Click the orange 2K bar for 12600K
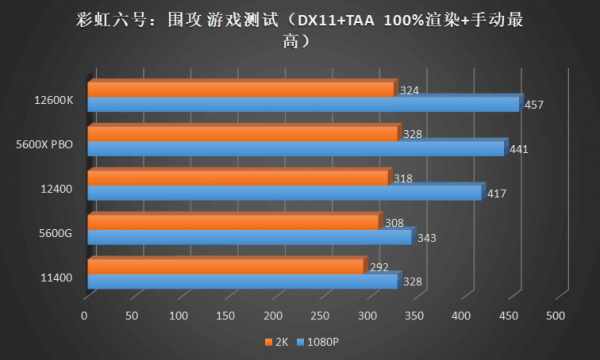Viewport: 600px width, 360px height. click(x=240, y=90)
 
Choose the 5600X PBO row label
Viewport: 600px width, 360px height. click(x=44, y=144)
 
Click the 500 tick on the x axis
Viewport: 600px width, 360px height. click(x=556, y=316)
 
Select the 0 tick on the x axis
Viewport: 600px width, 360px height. click(x=85, y=316)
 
